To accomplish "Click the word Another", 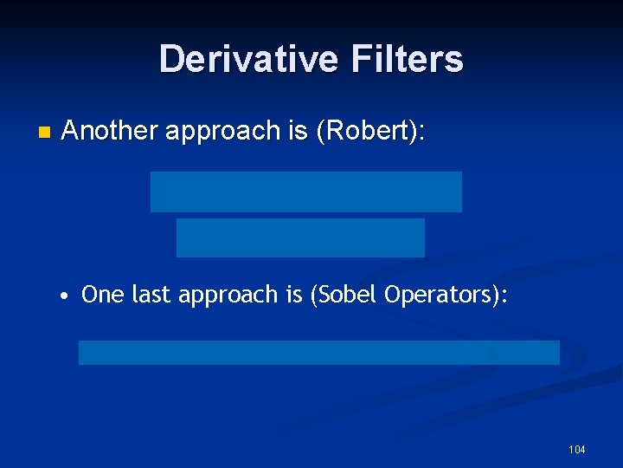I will (110, 131).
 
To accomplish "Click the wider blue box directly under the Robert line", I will (305, 192).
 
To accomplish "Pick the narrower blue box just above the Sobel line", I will (300, 237).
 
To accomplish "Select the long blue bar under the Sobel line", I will (318, 353).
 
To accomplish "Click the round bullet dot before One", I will (65, 296).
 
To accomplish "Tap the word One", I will (103, 295).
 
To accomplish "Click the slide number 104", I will (576, 449).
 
